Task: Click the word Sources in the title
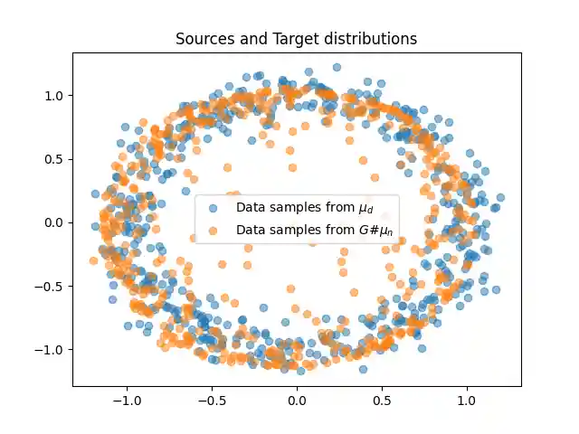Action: click(x=204, y=39)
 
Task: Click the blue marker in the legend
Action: click(x=213, y=207)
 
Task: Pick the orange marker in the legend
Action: click(x=213, y=230)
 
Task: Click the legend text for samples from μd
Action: click(x=304, y=207)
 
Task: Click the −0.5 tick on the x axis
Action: click(x=211, y=400)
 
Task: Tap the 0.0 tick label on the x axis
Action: click(x=297, y=400)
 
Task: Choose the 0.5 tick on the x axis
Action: click(x=382, y=400)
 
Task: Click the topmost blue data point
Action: click(x=337, y=67)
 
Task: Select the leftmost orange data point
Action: click(x=93, y=260)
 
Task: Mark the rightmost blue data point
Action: click(x=500, y=197)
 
